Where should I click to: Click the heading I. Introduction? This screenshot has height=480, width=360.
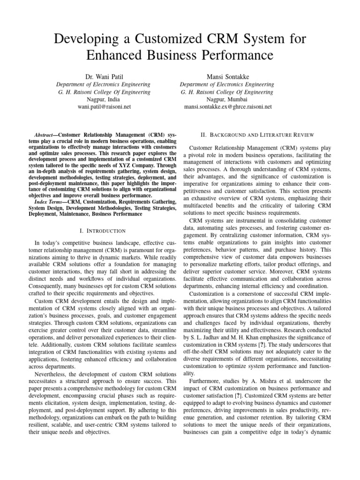click(104, 231)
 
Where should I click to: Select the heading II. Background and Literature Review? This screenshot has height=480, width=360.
click(257, 135)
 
